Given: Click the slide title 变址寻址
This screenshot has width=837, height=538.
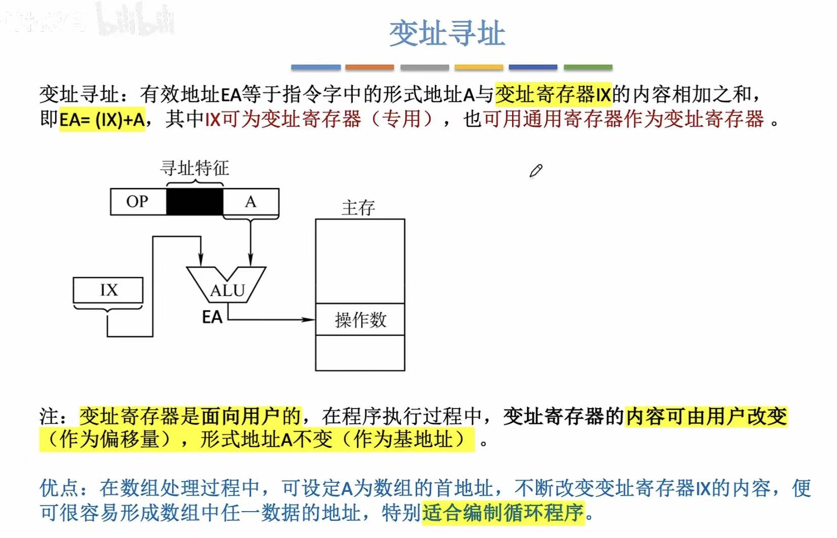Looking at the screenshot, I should click(x=447, y=33).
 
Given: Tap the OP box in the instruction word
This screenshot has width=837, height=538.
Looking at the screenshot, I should click(x=138, y=202).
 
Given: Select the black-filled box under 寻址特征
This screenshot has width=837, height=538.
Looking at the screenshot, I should click(x=195, y=202).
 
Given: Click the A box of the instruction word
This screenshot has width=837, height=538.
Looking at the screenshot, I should click(x=251, y=202).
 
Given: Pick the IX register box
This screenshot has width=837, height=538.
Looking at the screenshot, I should click(x=108, y=290).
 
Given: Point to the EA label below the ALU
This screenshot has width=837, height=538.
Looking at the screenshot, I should click(x=212, y=317).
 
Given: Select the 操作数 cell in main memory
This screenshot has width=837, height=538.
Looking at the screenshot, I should click(x=360, y=319).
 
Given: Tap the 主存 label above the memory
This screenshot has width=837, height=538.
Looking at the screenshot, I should click(x=358, y=207).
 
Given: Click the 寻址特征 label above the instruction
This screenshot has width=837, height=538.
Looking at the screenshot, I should click(x=195, y=167).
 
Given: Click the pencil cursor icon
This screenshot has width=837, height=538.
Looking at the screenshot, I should click(x=536, y=171).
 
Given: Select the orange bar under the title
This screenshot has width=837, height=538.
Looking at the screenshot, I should click(x=369, y=67).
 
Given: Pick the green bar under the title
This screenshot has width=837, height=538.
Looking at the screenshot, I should click(x=588, y=67).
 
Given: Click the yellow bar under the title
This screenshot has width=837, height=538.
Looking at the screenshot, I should click(x=479, y=67).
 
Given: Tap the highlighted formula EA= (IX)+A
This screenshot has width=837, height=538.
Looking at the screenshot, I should click(x=102, y=120).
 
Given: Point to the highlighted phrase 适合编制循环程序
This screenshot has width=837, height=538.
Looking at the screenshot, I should click(x=503, y=513).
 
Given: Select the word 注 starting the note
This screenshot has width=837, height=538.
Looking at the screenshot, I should click(x=50, y=416).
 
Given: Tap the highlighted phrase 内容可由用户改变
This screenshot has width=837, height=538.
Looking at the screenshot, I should click(x=706, y=416).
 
